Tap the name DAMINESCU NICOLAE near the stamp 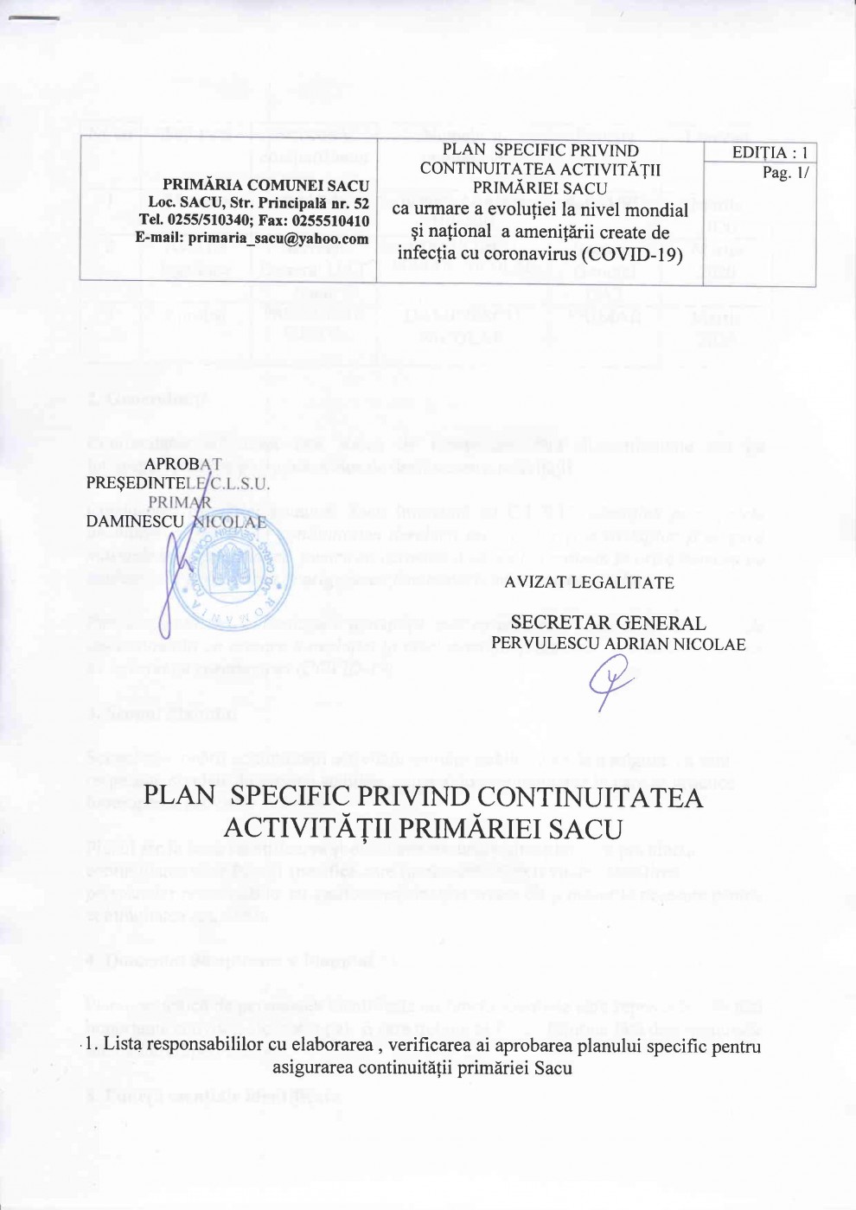tap(176, 521)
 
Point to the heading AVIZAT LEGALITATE tap(590, 583)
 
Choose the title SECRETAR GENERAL tap(609, 622)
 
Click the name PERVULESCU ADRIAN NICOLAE tap(618, 643)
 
